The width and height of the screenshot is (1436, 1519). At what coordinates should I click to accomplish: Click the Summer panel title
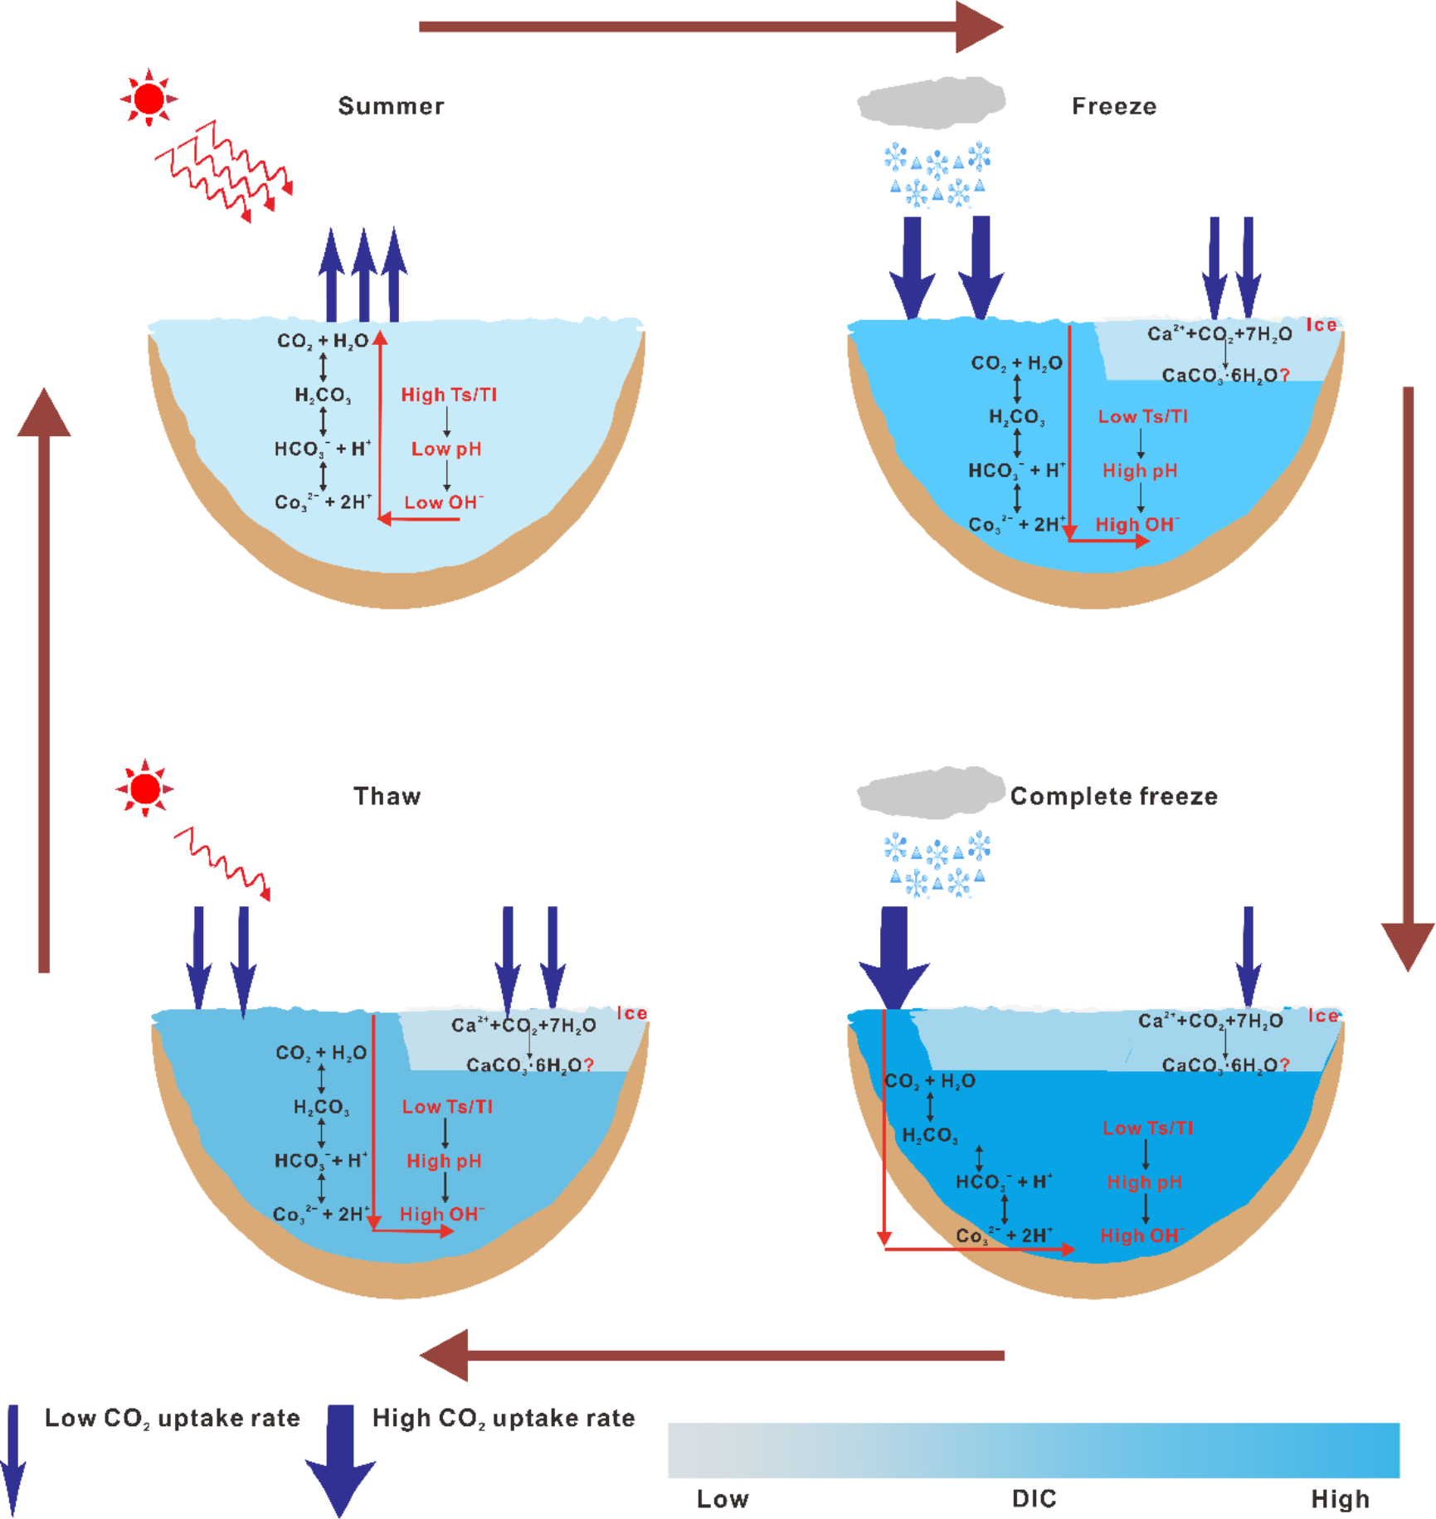point(391,106)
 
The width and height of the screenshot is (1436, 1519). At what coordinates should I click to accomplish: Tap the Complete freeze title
point(1113,796)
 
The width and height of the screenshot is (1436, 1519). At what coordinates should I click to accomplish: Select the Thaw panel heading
point(387,796)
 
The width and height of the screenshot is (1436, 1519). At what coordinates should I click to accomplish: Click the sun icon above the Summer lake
point(149,98)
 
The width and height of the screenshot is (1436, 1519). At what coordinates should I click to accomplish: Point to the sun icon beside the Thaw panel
point(145,788)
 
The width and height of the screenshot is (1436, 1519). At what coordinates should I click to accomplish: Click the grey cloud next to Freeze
point(931,103)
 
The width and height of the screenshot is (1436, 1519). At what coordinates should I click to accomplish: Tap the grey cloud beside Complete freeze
point(931,793)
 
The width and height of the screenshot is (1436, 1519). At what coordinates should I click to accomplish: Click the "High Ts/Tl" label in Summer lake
point(449,395)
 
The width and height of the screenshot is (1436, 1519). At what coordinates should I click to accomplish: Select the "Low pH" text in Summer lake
point(446,449)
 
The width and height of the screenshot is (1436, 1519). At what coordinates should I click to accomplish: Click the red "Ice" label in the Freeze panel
point(1322,325)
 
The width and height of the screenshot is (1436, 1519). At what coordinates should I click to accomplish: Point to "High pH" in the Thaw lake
point(444,1161)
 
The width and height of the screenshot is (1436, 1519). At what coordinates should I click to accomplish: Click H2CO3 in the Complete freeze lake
point(930,1135)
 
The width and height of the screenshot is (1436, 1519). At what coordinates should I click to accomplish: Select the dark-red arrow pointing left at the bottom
point(712,1356)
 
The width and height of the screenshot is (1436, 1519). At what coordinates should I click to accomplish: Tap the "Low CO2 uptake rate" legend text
point(173,1419)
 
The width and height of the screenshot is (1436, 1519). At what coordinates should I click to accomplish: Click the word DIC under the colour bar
point(1034,1498)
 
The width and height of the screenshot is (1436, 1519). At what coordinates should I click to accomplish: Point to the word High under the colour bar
point(1339,1498)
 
